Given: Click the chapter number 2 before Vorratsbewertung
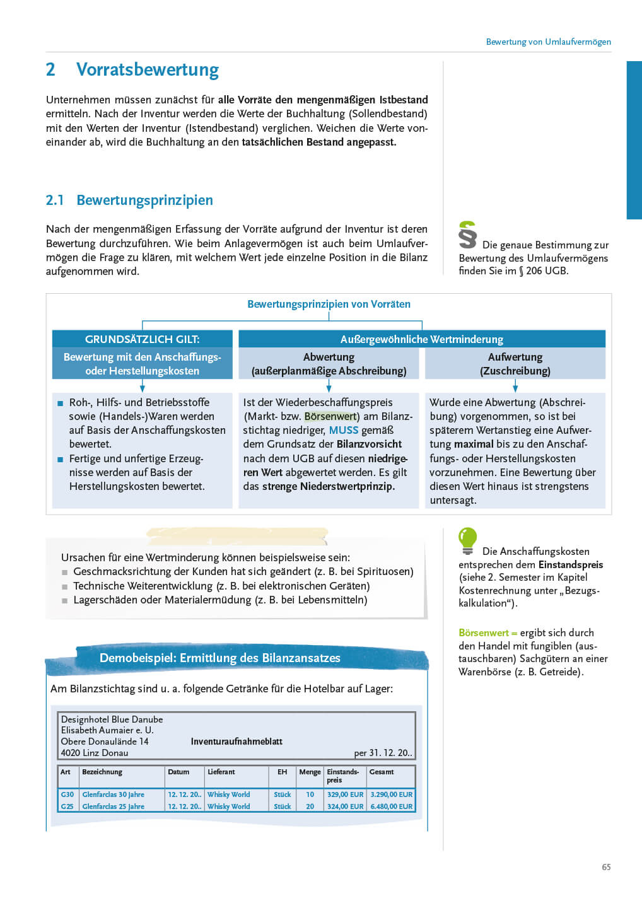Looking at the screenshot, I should coord(50,69).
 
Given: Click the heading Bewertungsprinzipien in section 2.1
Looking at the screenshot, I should coord(144,200).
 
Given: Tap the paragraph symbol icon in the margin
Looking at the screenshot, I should coord(467,235).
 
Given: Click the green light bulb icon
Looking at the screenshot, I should coord(467,540).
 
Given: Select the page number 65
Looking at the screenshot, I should coord(606,867).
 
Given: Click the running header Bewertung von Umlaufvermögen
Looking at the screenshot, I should coord(548,42).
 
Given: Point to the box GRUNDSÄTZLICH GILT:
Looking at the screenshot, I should coord(142,339).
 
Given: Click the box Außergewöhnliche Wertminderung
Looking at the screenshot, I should coord(421,339).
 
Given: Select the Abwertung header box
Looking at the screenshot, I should coord(329,364).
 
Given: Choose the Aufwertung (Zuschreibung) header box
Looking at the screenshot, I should coord(515,364).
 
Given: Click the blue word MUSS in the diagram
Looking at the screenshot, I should coord(343,430).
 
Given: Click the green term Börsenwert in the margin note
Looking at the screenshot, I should coord(483,632).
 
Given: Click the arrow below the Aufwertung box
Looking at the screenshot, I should coord(515,385).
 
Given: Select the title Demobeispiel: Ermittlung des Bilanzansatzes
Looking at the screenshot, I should coord(219,658).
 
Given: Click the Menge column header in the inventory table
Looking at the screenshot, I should coord(310,772).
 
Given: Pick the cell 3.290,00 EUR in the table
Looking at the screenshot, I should coord(391,794).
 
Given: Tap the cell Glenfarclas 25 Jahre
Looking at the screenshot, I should coord(114,806).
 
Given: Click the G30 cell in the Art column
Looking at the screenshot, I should coord(67,794).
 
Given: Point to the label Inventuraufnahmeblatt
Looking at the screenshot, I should coord(236,742).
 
